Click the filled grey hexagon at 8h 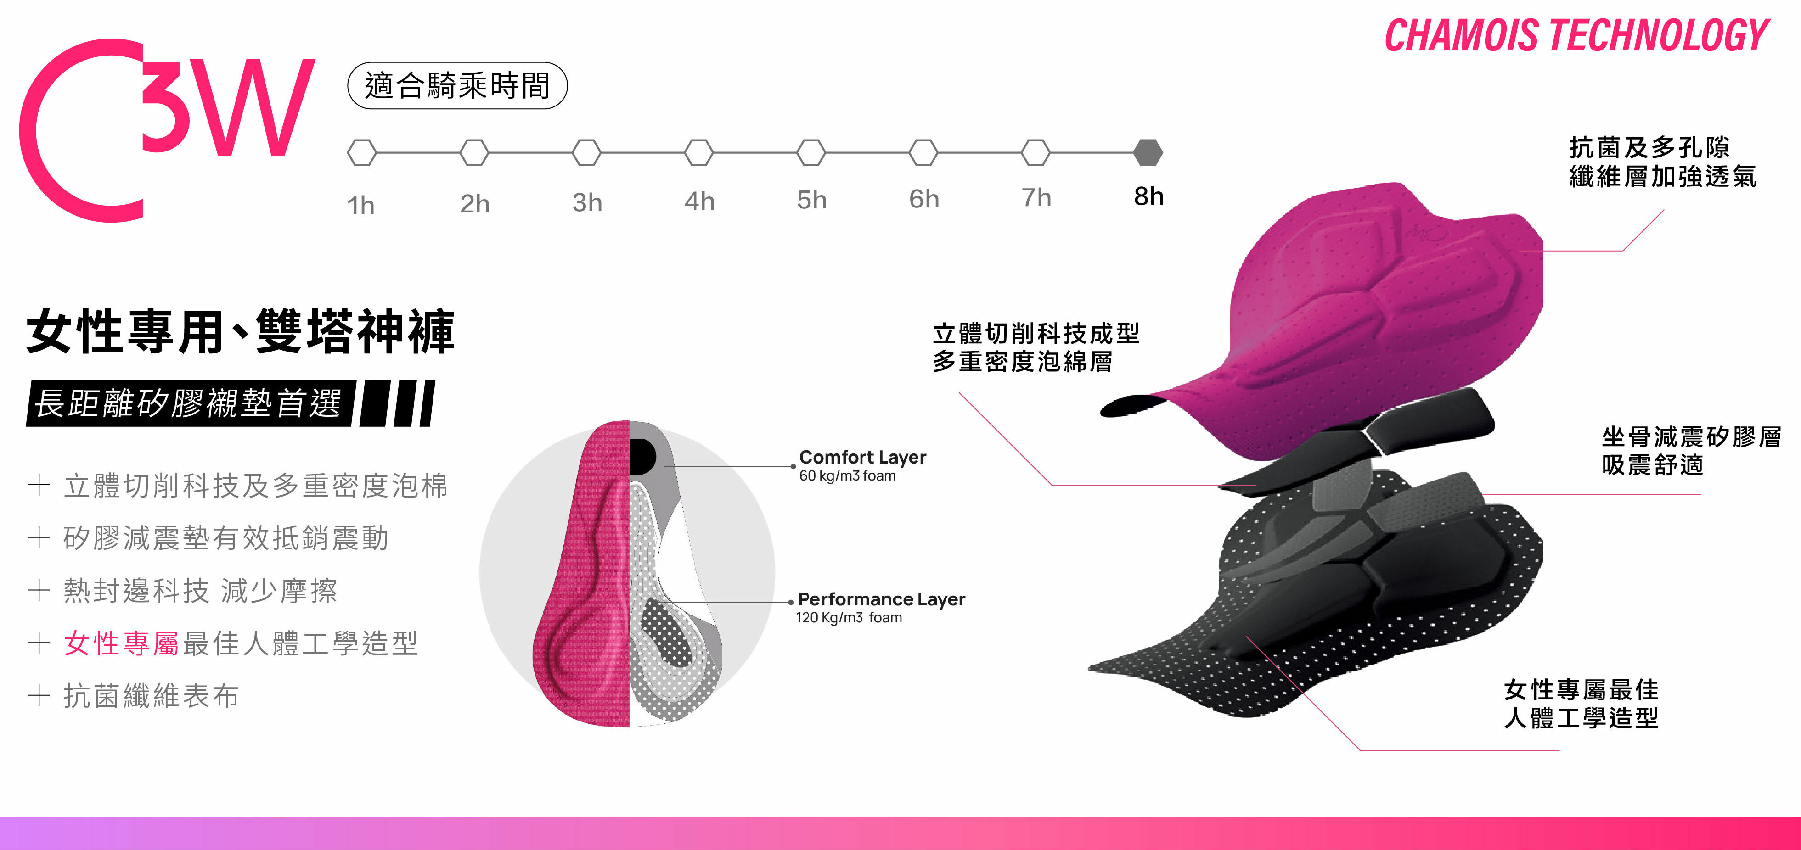(x=1148, y=152)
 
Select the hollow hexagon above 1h (x=361, y=152)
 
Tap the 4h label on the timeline (x=699, y=201)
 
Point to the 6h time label (x=923, y=199)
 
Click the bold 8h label (x=1148, y=196)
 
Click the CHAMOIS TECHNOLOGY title (x=1576, y=36)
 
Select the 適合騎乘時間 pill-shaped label (x=457, y=86)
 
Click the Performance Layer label (x=881, y=599)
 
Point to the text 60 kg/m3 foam (x=847, y=476)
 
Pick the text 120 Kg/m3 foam (x=849, y=618)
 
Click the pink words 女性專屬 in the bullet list (x=121, y=643)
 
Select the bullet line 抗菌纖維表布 (x=151, y=695)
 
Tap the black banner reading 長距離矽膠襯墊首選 (x=189, y=403)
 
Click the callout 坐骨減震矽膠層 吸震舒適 (x=1690, y=451)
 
